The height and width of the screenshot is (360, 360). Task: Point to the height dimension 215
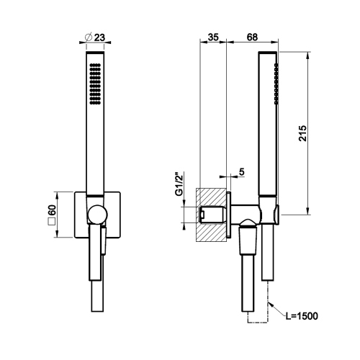pos(303,134)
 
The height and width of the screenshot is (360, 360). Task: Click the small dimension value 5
pos(241,171)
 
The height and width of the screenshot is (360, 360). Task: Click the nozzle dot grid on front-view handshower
pos(94,83)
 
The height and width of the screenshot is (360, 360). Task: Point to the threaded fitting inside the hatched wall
pos(212,214)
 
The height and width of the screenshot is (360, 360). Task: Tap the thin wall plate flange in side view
pos(228,214)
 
